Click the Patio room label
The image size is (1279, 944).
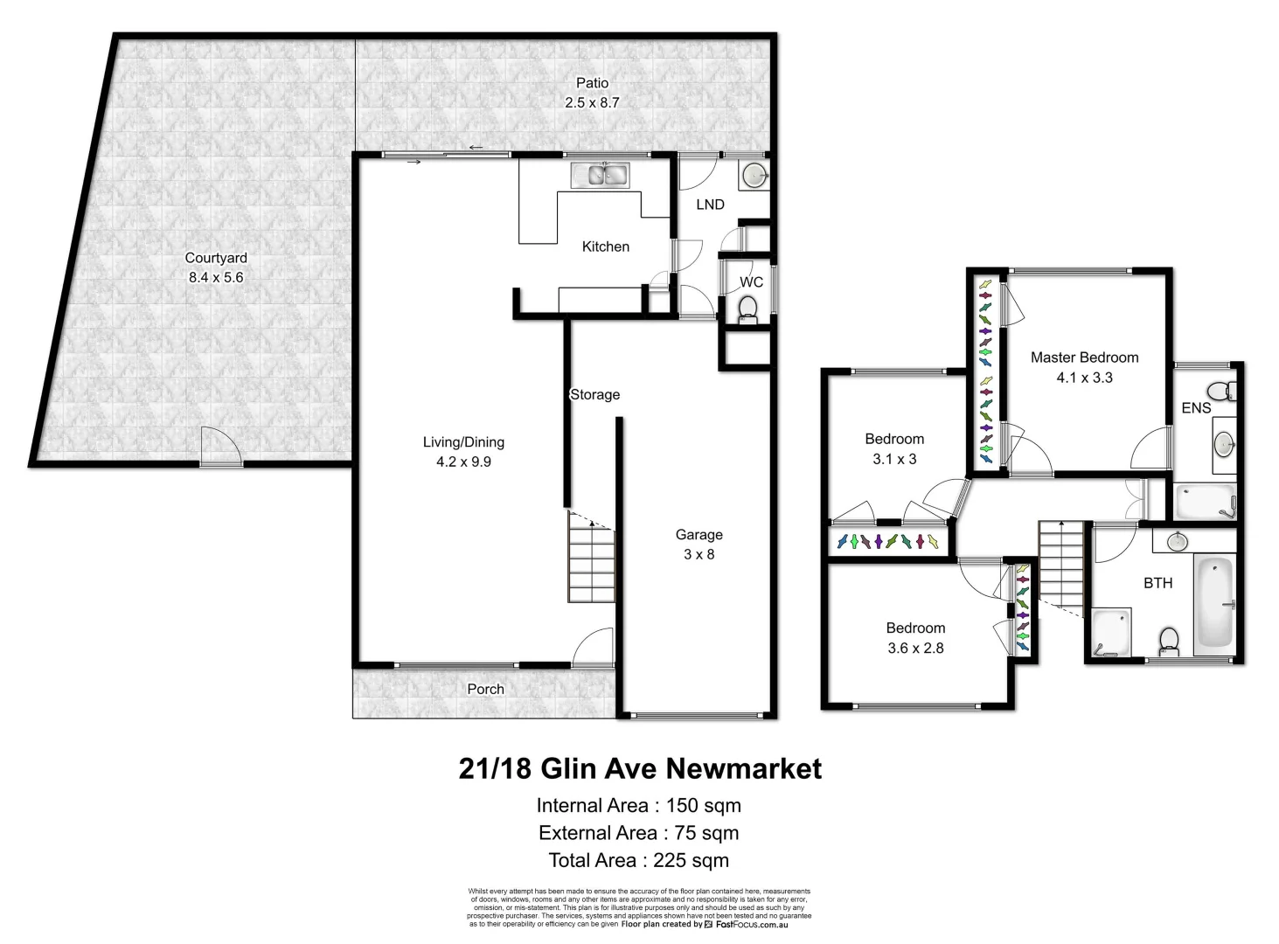click(592, 83)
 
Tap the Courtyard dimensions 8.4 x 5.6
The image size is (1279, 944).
click(216, 278)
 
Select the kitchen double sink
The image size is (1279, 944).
click(600, 176)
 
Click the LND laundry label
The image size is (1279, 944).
click(710, 205)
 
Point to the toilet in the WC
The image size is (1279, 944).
click(747, 308)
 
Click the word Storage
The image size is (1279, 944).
click(594, 395)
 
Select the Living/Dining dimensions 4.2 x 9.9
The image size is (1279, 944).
click(463, 462)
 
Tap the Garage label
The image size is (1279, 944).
click(699, 535)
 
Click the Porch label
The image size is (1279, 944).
click(485, 690)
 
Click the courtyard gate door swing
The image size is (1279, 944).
click(220, 447)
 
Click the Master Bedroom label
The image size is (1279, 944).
click(1084, 357)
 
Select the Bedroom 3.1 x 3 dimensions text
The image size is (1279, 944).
click(894, 460)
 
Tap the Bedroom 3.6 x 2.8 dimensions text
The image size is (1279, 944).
click(915, 649)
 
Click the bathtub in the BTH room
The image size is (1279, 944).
click(1214, 602)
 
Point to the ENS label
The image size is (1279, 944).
click(1196, 408)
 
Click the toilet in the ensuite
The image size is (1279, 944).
click(1220, 390)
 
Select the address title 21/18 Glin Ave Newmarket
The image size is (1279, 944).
click(640, 769)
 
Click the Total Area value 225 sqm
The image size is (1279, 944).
click(691, 861)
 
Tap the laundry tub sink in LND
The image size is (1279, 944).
click(754, 177)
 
